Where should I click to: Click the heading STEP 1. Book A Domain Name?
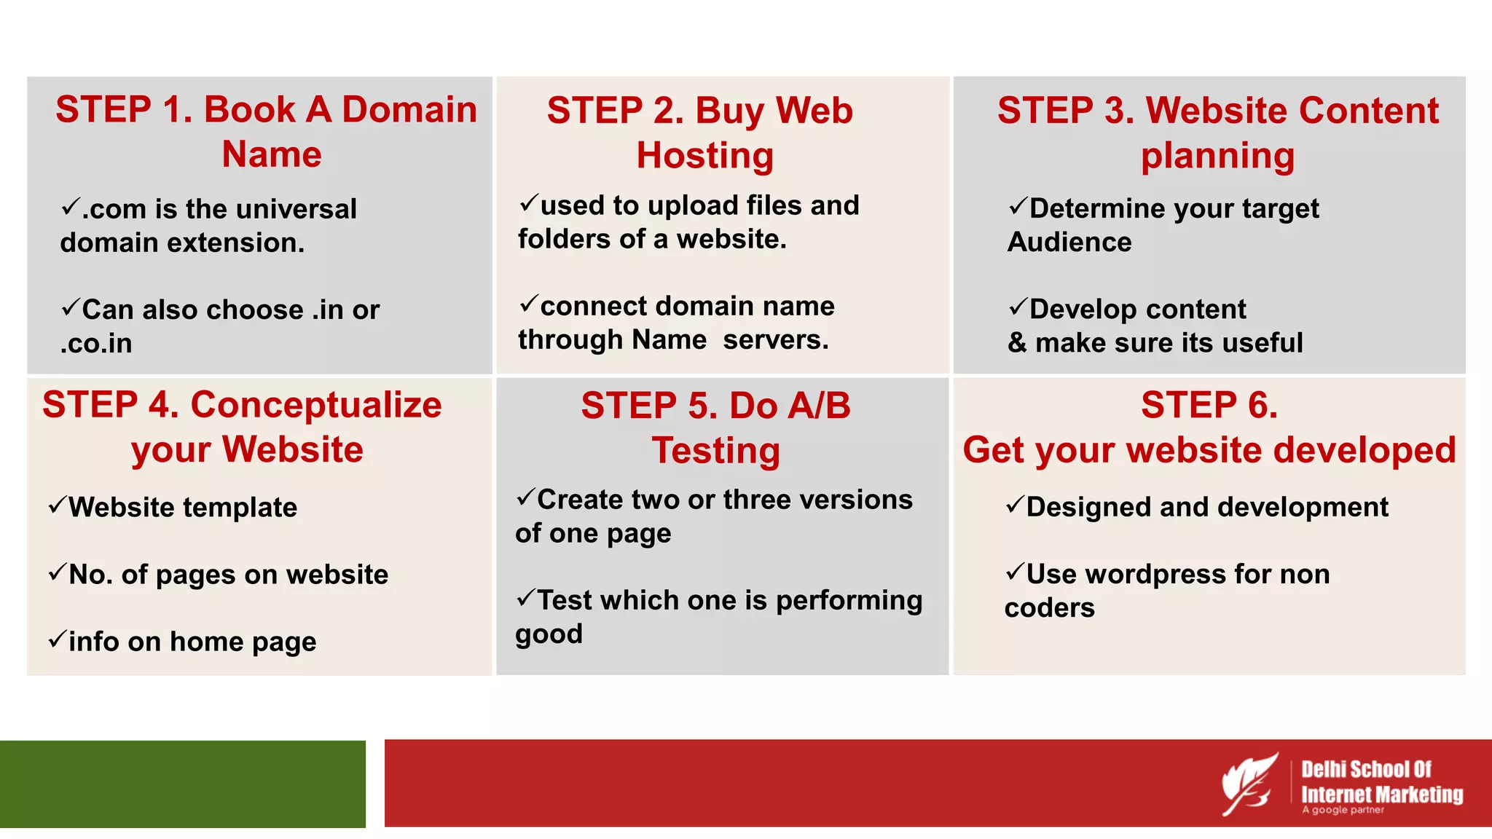coord(267,131)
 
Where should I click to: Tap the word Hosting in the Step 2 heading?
coord(704,155)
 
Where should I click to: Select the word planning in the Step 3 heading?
coord(1217,156)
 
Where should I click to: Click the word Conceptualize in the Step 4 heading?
coord(315,405)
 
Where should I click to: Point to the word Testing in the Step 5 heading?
coord(715,450)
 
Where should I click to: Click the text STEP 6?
coord(1209,405)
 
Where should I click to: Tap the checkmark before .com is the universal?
coord(71,207)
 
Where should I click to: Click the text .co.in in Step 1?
coord(96,343)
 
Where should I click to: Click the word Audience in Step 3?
coord(1069,242)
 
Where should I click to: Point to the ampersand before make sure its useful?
coord(1017,342)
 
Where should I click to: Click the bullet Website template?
coord(182,507)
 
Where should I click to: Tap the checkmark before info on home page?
coord(57,639)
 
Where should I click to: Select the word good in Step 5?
coord(549,634)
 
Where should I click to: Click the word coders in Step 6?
coord(1049,607)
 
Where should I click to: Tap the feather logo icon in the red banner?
coord(1249,784)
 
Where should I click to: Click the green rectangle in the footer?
coord(182,784)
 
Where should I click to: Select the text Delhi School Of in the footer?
coord(1366,769)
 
